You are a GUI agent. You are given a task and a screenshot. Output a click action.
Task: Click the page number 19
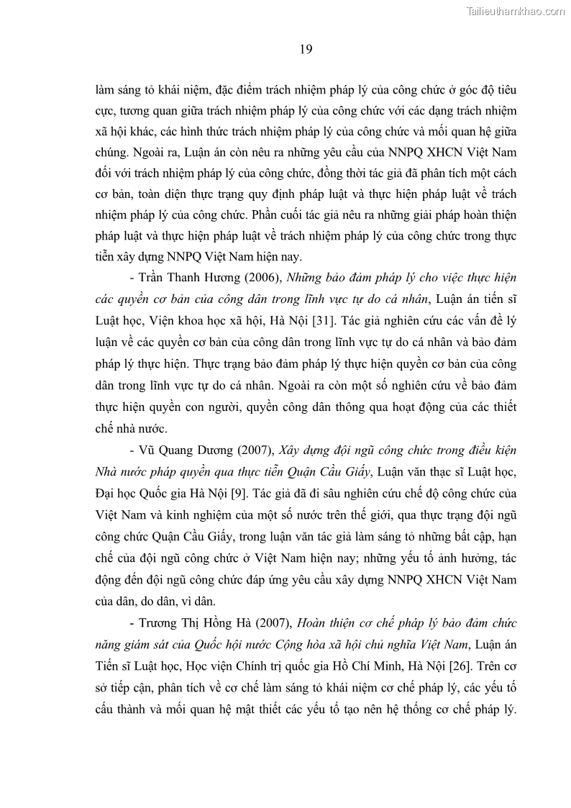[305, 49]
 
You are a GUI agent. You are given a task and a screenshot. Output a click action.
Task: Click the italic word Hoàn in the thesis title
[316, 623]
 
